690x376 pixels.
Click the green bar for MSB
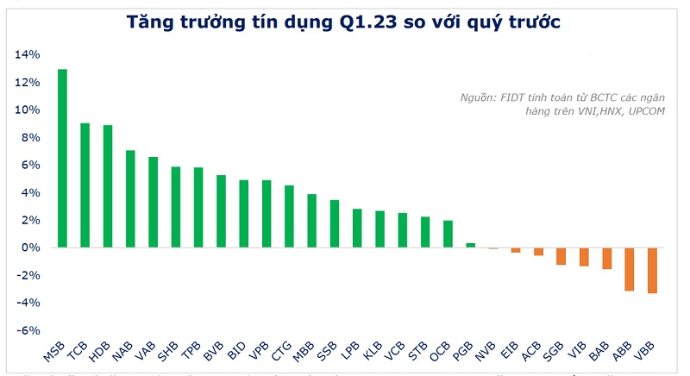point(63,159)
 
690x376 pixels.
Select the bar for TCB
point(85,185)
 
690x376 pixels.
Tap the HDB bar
point(108,186)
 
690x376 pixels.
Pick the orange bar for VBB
point(652,270)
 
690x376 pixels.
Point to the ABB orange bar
point(630,269)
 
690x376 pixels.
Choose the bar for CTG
point(289,216)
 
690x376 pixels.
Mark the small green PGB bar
point(471,245)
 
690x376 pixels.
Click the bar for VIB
point(584,257)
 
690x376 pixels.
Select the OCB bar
point(448,234)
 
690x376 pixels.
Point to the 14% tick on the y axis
point(28,55)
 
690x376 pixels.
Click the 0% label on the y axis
point(31,248)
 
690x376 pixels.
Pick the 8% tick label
point(31,138)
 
